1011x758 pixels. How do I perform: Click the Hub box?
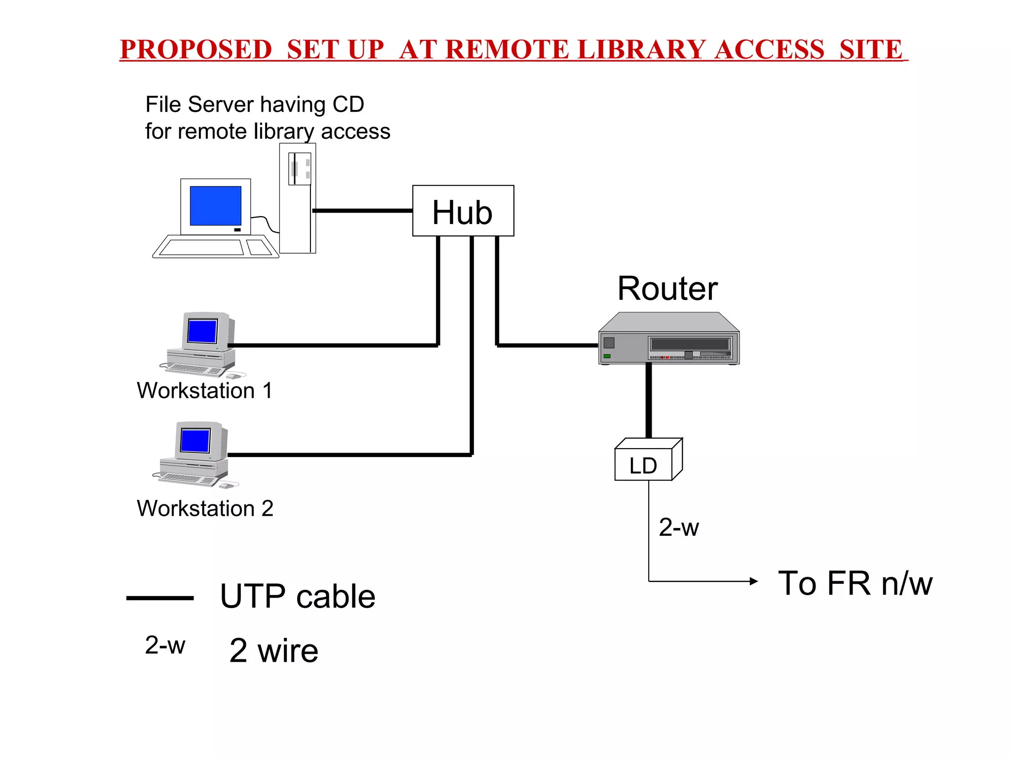coord(463,211)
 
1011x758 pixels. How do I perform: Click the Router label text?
coord(667,289)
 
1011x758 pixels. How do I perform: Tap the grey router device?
coord(668,341)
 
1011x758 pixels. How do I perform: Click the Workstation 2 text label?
coord(205,508)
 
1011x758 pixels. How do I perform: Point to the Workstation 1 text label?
coord(204,390)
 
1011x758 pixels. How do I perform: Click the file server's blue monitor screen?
coord(215,205)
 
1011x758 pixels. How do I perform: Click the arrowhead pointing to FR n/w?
coord(753,581)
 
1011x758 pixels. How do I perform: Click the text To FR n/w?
coord(855,583)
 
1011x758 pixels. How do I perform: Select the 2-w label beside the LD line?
coord(679,527)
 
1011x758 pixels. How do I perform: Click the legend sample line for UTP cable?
coord(160,598)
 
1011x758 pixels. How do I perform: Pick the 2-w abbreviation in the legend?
coord(165,645)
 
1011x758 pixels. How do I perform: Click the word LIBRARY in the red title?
coord(641,49)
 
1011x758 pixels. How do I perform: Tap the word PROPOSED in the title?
coord(195,49)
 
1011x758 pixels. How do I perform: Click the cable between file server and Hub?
coord(363,211)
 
